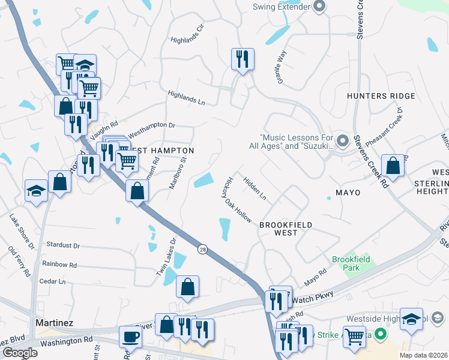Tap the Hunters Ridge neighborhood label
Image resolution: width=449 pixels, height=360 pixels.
[381, 96]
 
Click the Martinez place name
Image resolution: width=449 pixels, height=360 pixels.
[55, 323]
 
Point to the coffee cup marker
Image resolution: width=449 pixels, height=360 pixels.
[130, 337]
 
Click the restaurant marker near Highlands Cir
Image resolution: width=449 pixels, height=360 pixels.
[243, 59]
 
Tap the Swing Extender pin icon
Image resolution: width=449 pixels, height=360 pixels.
[319, 7]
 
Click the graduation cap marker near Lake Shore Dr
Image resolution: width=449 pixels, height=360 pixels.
[36, 191]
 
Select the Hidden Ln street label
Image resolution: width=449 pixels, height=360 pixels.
[255, 188]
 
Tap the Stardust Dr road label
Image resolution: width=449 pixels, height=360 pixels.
[63, 245]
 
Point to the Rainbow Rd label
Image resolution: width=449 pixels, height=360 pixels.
[59, 264]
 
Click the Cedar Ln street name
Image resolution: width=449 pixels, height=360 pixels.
[52, 281]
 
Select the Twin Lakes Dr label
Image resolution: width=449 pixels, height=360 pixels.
[166, 257]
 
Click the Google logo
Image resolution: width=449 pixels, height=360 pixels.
[20, 353]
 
